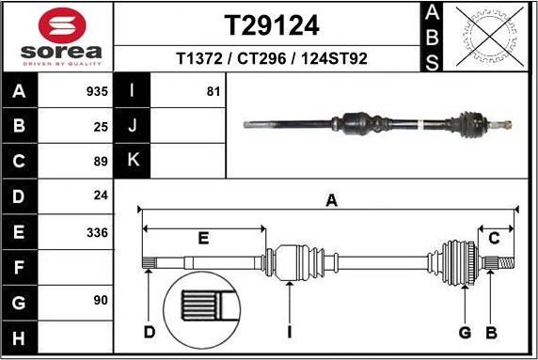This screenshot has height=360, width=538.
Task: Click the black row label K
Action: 132,160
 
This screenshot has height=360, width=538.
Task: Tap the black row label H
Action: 18,337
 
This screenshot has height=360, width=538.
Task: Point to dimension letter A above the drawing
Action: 330,199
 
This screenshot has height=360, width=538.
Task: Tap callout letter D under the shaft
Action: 149,332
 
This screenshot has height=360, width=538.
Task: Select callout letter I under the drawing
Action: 291,332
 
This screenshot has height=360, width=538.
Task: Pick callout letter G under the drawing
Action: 464,332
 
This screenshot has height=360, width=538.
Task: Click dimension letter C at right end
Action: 493,238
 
